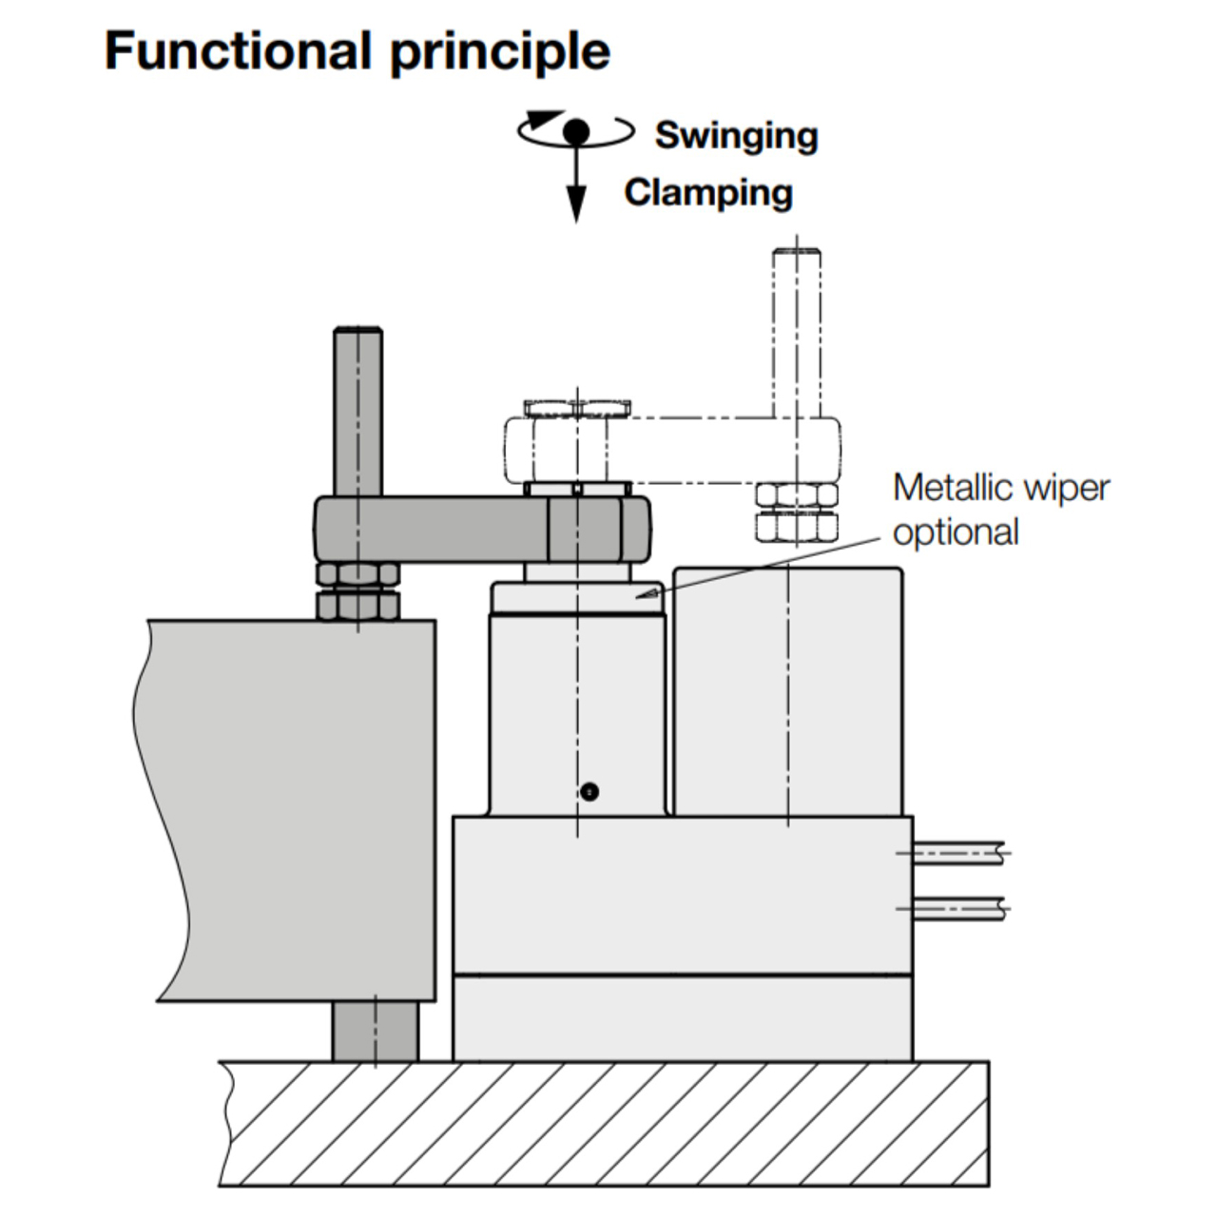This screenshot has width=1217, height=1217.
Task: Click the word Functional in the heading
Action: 237,51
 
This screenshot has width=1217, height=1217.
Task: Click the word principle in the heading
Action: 500,53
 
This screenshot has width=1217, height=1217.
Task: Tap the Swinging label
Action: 736,135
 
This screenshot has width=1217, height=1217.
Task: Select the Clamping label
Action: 708,192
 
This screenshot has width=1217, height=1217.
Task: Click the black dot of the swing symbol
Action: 576,131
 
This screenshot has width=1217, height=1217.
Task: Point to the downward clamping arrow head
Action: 576,204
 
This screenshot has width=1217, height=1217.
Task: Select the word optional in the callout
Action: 956,532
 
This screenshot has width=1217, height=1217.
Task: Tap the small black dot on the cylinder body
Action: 589,791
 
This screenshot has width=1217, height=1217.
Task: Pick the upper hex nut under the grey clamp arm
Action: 357,573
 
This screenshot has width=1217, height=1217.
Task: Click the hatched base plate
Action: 604,1124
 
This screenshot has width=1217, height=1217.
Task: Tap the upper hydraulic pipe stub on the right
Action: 956,853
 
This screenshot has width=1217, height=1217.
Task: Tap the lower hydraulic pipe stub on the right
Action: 956,909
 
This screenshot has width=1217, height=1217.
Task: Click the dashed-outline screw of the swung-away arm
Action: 797,333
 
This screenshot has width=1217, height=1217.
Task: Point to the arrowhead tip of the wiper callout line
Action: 638,596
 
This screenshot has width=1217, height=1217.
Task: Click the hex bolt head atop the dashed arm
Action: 576,409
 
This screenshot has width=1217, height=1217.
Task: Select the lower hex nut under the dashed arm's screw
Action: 797,526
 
